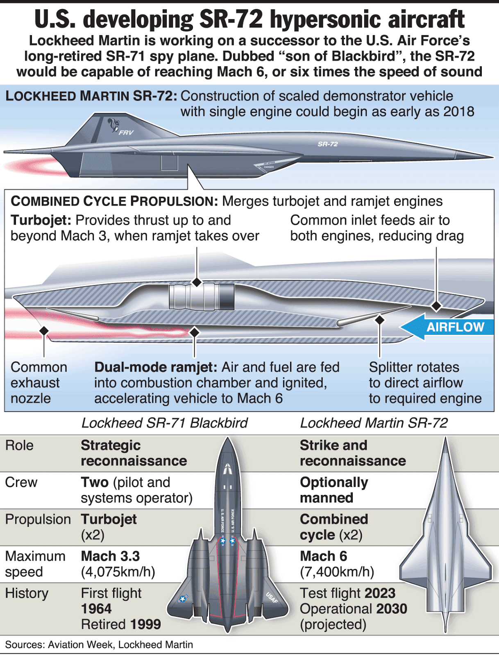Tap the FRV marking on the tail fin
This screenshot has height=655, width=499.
tap(126, 133)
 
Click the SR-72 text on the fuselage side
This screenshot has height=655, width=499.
tap(328, 144)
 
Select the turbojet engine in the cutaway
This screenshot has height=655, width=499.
tap(202, 296)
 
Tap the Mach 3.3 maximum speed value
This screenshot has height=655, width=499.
tap(110, 556)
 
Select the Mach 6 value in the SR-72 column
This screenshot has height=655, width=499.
tap(323, 556)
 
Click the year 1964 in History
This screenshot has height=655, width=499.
tap(96, 609)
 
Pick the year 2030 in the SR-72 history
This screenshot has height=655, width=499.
tap(391, 609)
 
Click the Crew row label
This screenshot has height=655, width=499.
tap(21, 482)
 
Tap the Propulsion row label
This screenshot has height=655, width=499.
tap(38, 519)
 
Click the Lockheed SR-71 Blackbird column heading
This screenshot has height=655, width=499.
tap(164, 423)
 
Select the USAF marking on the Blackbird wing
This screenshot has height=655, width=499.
tap(272, 598)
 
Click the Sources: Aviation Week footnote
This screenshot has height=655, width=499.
tap(99, 645)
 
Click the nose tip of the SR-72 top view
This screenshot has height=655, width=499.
tap(445, 439)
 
